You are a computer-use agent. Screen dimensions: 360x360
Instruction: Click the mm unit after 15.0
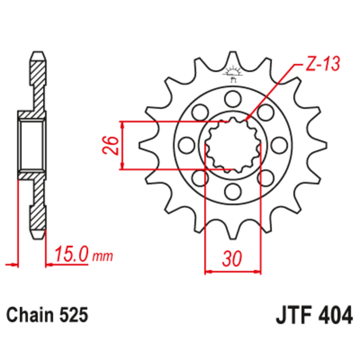click(x=102, y=257)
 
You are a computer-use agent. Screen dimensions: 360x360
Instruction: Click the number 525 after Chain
click(x=72, y=315)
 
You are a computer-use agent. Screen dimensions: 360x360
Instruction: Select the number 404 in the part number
click(x=333, y=315)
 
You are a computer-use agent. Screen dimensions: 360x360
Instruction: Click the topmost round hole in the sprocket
click(x=233, y=97)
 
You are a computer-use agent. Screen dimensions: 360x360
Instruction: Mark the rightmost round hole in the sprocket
click(x=280, y=144)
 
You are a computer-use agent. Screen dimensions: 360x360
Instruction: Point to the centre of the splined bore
click(x=233, y=145)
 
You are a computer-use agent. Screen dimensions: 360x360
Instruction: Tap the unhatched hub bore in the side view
click(x=31, y=144)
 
